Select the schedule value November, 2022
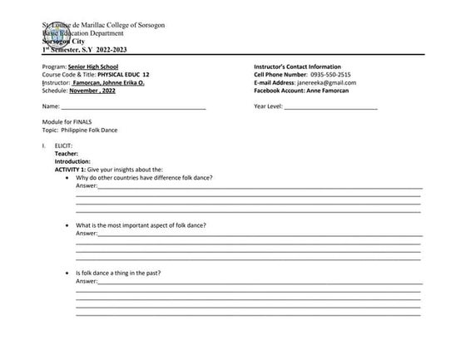pyautogui.click(x=97, y=90)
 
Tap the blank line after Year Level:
pyautogui.click(x=330, y=106)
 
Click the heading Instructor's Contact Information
pyautogui.click(x=304, y=67)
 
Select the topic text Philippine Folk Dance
pyautogui.click(x=93, y=131)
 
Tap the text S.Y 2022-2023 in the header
pyautogui.click(x=99, y=50)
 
